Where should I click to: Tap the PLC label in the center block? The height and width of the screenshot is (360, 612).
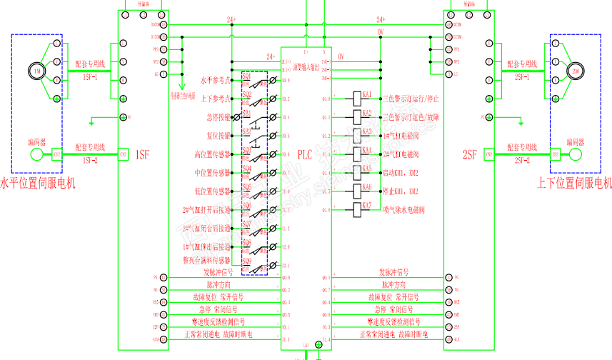click(306, 154)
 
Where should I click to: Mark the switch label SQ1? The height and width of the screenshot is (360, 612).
click(246, 76)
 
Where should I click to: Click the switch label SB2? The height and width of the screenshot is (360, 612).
click(246, 131)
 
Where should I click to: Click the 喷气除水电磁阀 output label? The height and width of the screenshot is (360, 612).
click(404, 210)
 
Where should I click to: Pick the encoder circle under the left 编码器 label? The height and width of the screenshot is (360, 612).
click(36, 155)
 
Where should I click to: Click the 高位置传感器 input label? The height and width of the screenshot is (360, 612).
click(212, 154)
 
